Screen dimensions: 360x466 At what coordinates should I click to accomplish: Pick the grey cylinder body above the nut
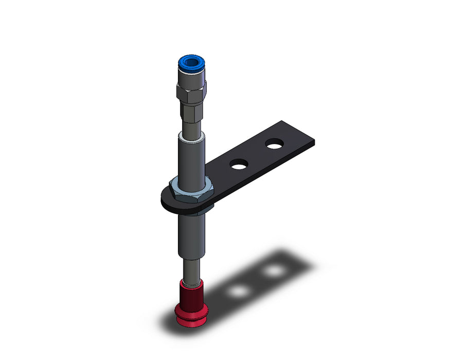tap(191, 159)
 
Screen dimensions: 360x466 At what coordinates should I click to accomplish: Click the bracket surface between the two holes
tap(256, 155)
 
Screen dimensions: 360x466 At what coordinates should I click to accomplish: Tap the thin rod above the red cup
tap(191, 270)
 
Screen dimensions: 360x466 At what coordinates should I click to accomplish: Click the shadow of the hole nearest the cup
tap(239, 291)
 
